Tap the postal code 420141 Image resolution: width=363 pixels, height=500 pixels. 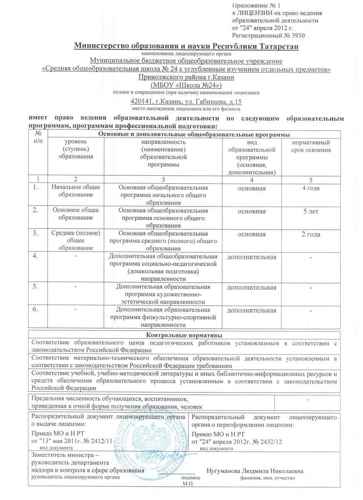[142, 101]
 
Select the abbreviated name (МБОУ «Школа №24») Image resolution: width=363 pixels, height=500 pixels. [186, 85]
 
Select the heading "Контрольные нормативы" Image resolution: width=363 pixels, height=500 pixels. [186, 335]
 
